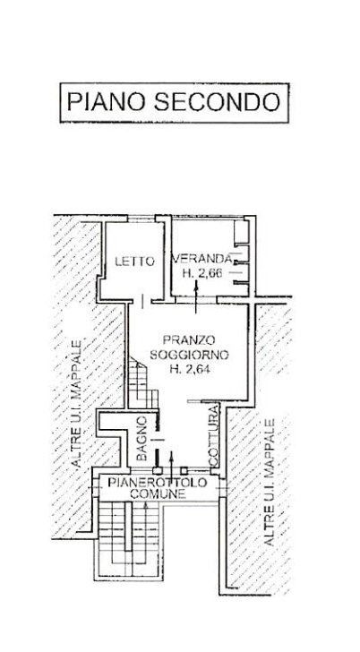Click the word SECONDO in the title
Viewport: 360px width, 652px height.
point(218,102)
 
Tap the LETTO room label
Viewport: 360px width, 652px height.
point(134,262)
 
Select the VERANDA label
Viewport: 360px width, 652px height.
point(202,259)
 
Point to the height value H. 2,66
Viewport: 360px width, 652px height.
point(203,273)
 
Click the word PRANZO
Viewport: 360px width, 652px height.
point(189,340)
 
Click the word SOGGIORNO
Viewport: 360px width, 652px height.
point(190,355)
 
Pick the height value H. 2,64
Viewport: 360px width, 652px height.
point(190,369)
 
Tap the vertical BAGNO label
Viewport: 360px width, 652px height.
point(141,438)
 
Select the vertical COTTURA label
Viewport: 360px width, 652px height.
point(213,434)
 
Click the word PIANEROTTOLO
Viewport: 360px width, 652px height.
point(157,483)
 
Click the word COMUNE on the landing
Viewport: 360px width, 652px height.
point(157,494)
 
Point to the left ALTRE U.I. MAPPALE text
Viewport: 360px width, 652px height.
point(76,402)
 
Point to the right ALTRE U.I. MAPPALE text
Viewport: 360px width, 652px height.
point(269,483)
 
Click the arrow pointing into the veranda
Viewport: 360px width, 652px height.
point(196,296)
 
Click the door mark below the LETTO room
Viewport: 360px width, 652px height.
point(142,302)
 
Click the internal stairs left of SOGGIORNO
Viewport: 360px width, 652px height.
point(142,383)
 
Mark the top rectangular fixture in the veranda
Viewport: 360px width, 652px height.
point(241,231)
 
